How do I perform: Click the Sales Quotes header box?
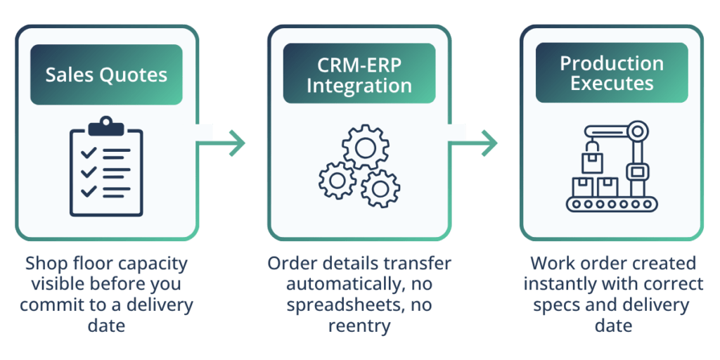(x=106, y=75)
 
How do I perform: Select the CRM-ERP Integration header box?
(x=359, y=75)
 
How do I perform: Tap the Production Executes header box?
(x=611, y=73)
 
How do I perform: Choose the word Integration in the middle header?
(x=359, y=86)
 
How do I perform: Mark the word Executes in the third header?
(x=612, y=84)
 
